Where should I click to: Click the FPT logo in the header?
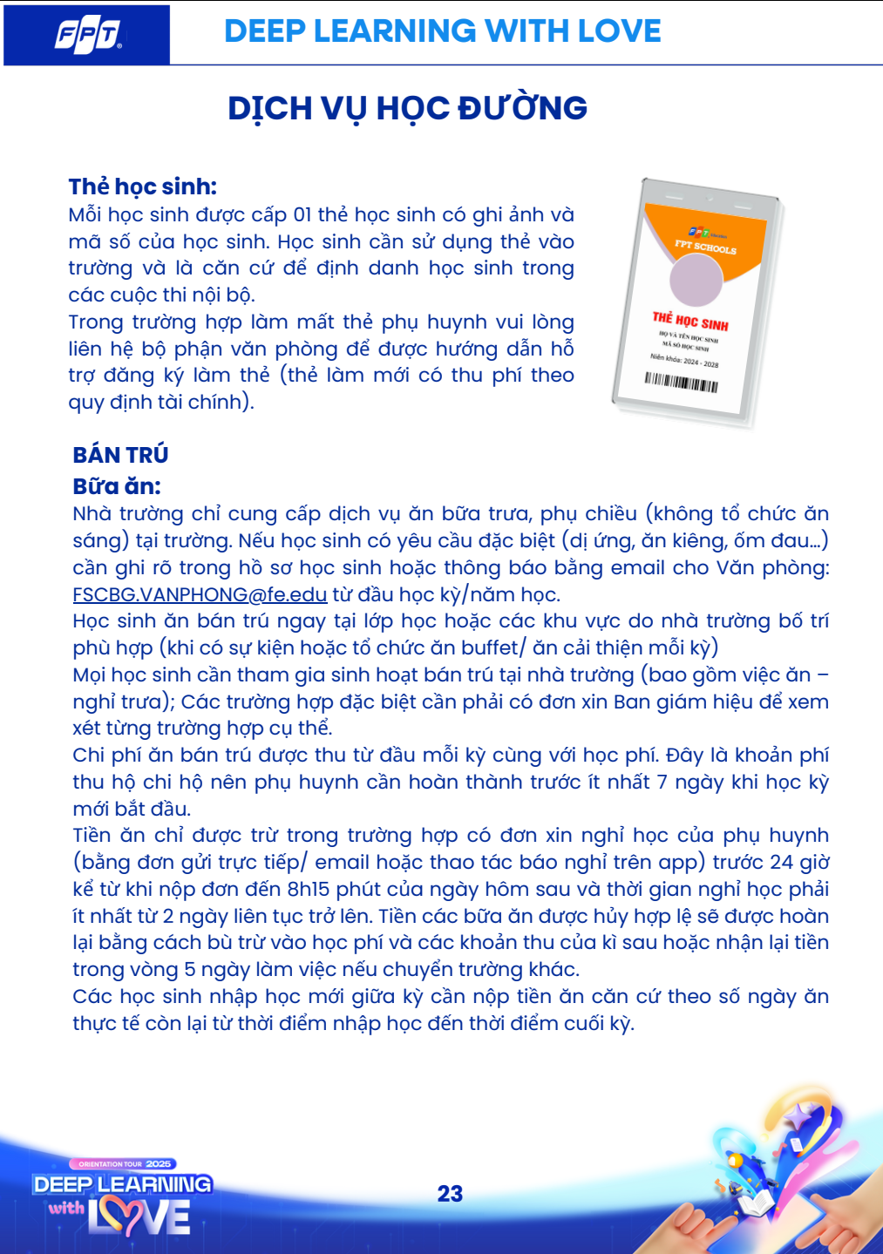coord(87,35)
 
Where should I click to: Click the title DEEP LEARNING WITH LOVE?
coord(442,31)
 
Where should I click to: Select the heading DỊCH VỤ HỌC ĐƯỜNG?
coord(407,108)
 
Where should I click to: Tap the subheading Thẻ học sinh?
coord(142,186)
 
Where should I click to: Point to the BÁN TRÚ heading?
coord(120,455)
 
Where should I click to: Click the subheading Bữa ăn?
coord(117,486)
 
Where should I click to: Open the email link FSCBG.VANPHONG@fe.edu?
coord(200,594)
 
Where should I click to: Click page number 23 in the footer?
coord(450,1194)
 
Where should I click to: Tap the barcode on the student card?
coord(681,382)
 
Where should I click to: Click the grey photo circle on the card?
coord(696,277)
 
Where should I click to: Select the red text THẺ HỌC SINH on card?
coord(690,322)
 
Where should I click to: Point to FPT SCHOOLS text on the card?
coord(705,247)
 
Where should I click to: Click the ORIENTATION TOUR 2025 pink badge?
coord(123,1163)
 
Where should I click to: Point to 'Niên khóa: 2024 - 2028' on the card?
coord(684,360)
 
